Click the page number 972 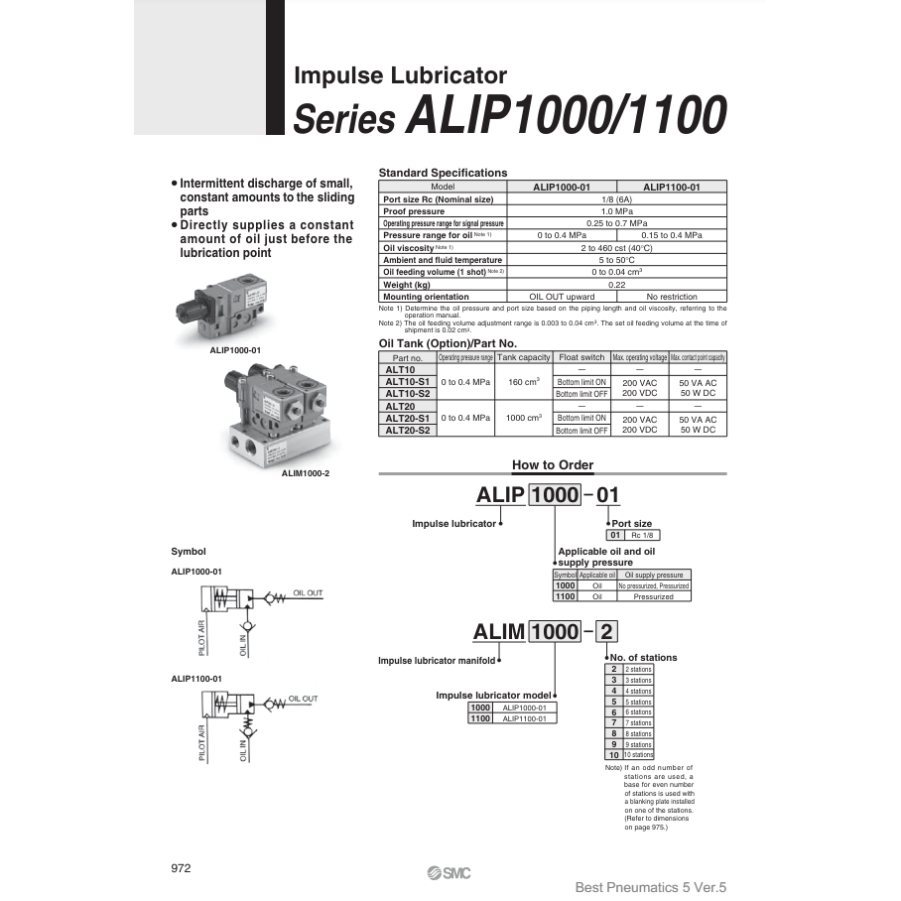[181, 867]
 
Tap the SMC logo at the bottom [450, 872]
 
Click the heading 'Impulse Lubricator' [401, 75]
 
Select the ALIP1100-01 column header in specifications [671, 187]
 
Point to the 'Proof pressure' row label [414, 211]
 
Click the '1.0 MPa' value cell [616, 211]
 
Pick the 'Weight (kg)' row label [407, 284]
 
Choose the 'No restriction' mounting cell [672, 296]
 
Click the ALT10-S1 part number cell [407, 381]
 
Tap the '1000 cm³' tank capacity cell [523, 418]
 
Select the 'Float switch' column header [581, 357]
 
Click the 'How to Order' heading [553, 464]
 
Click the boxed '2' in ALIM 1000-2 [607, 631]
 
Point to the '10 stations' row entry [638, 755]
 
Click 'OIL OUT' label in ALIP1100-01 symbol [303, 699]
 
